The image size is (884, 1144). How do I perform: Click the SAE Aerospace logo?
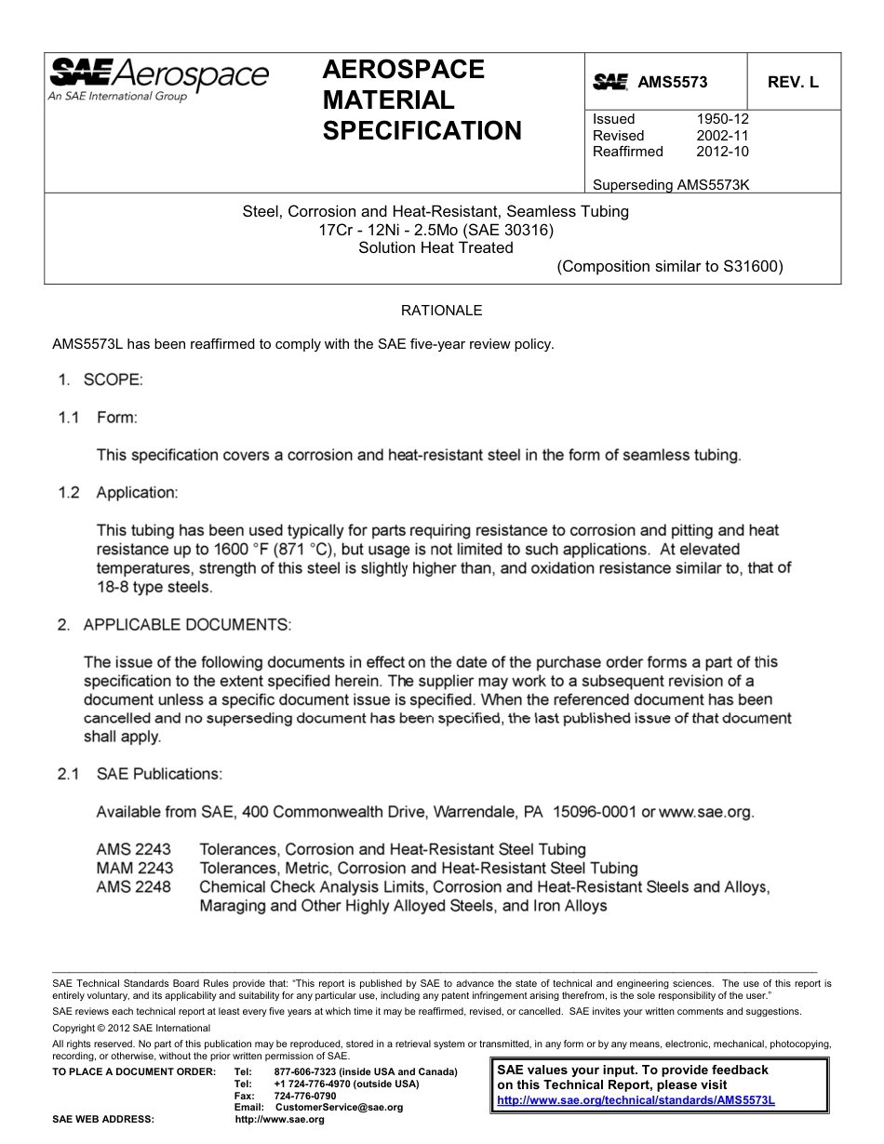click(x=158, y=78)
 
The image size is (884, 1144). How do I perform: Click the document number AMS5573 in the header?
click(x=672, y=83)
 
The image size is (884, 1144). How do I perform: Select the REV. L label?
click(x=793, y=83)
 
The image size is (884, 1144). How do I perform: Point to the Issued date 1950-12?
click(x=722, y=119)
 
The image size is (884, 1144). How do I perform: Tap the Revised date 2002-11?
click(x=722, y=136)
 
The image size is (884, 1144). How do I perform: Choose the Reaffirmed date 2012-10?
click(x=722, y=152)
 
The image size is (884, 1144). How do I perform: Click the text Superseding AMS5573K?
click(x=671, y=184)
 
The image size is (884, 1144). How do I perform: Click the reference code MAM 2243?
click(x=135, y=869)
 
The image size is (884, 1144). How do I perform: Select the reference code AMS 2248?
click(x=134, y=887)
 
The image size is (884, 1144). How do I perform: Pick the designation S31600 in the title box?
click(x=751, y=267)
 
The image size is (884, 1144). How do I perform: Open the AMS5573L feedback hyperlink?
click(x=636, y=1099)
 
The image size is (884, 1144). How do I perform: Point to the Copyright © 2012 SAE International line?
click(x=131, y=1028)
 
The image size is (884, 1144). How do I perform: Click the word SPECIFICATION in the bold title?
click(x=422, y=131)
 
